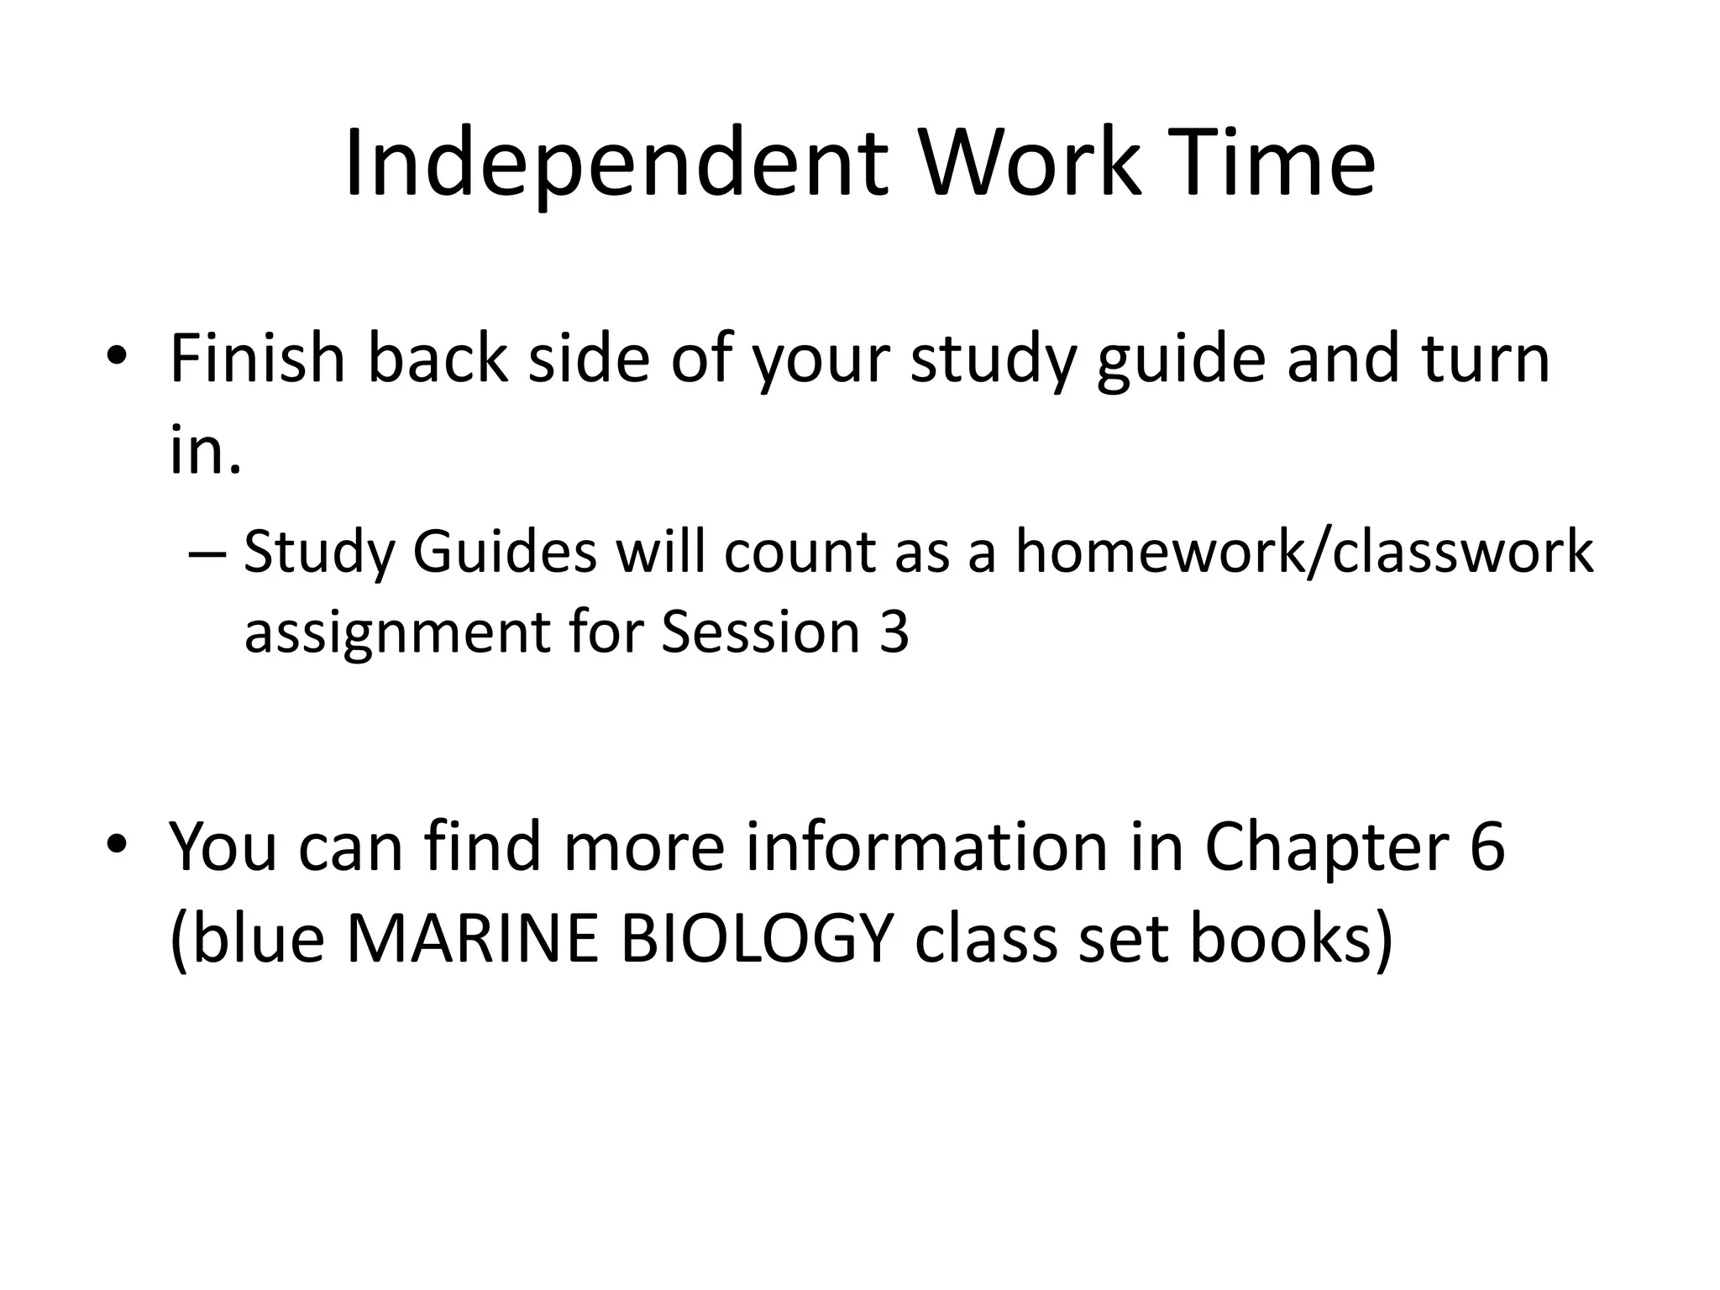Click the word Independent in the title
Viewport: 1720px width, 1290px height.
(x=616, y=164)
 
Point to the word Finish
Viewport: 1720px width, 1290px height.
(x=257, y=359)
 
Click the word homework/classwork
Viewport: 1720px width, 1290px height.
(x=1304, y=553)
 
